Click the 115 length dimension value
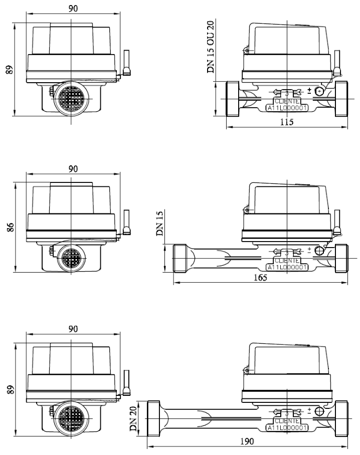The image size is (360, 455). tap(287, 122)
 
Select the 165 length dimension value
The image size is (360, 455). tap(260, 278)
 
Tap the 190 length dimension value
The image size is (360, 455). tap(247, 441)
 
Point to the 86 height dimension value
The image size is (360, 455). tap(10, 227)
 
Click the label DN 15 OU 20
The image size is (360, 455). tap(211, 47)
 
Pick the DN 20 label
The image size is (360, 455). tap(133, 419)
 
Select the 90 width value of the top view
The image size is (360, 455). tap(73, 9)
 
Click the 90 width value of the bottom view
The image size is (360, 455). tap(73, 329)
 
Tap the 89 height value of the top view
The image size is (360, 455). tap(10, 70)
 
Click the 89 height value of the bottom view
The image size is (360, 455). tap(10, 390)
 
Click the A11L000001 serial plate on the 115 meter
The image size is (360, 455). tap(287, 108)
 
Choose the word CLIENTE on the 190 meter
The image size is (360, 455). tap(287, 421)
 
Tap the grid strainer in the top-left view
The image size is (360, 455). tap(71, 99)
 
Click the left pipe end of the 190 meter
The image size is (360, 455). tap(153, 418)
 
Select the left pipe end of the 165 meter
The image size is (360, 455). tap(179, 259)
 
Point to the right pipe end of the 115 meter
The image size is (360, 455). tap(341, 99)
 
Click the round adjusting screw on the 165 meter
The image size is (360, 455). tap(319, 250)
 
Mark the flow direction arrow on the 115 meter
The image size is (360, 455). tap(287, 92)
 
